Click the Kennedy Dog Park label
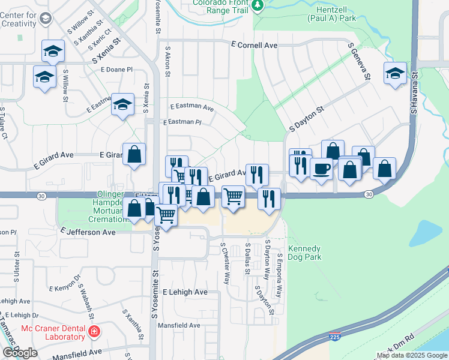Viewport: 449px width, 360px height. click(x=304, y=253)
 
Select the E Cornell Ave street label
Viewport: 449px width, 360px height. click(x=255, y=45)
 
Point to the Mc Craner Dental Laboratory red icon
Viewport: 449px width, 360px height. click(x=94, y=331)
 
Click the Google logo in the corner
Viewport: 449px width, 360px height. click(x=20, y=353)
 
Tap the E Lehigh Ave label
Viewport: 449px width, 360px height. click(x=185, y=292)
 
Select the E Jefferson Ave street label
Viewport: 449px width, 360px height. click(x=88, y=231)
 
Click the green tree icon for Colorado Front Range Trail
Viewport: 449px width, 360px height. click(x=258, y=5)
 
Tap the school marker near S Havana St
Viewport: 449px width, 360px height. click(x=394, y=74)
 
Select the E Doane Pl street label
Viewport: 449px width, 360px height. click(x=117, y=70)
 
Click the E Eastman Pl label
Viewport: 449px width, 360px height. click(x=182, y=122)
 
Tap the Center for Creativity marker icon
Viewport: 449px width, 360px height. click(x=45, y=19)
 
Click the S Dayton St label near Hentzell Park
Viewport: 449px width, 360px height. click(x=306, y=118)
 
